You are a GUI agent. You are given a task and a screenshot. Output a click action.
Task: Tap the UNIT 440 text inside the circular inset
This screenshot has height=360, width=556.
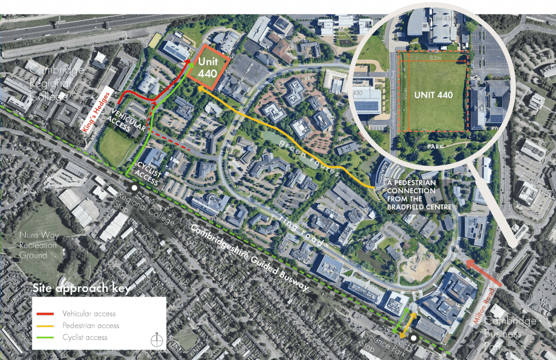click(x=433, y=94)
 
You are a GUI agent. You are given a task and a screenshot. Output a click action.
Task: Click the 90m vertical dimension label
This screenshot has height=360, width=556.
click(x=406, y=93)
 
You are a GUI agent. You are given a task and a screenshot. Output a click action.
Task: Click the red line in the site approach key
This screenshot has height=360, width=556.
click(x=47, y=313)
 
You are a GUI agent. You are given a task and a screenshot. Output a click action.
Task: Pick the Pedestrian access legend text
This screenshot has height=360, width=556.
click(x=91, y=325)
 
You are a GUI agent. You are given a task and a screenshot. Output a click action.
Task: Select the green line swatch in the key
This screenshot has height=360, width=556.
click(x=47, y=337)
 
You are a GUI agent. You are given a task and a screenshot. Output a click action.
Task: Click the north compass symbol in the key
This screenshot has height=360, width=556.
click(x=157, y=339)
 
